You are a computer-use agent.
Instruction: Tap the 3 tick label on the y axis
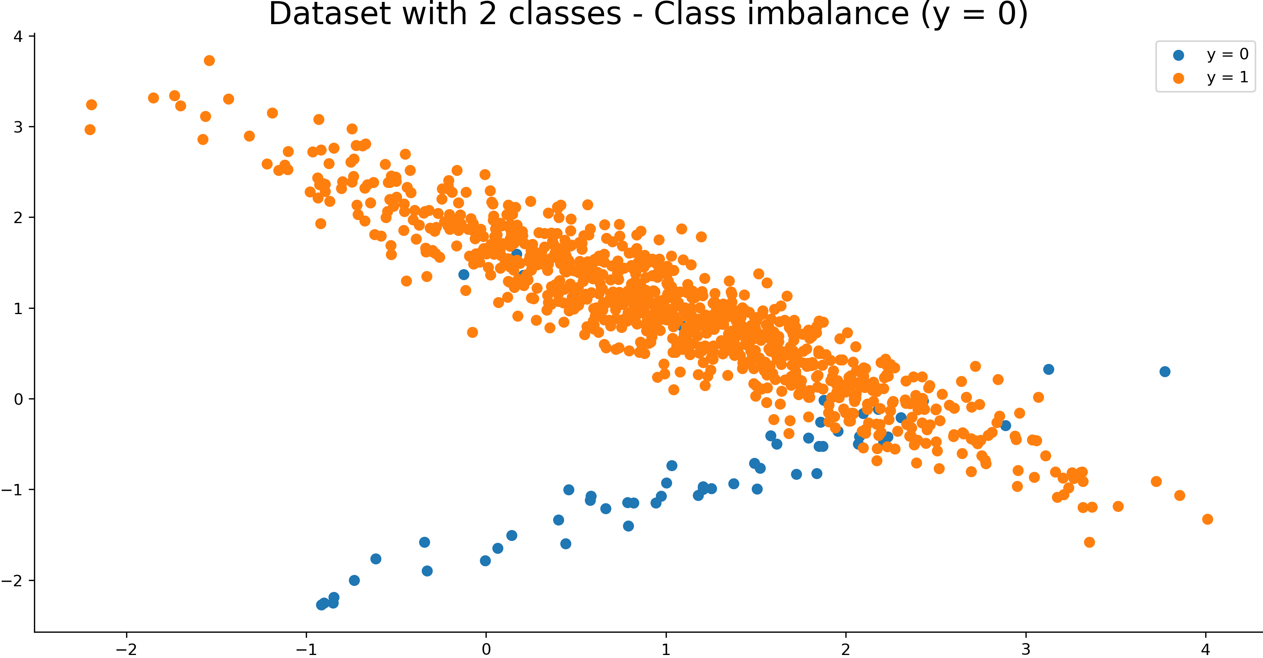[x=18, y=127]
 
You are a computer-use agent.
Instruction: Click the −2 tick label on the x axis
[x=126, y=649]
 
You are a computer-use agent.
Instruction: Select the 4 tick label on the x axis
[x=1206, y=649]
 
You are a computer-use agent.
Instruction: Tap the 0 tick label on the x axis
[x=486, y=649]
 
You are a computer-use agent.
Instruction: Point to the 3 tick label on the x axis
[x=1026, y=649]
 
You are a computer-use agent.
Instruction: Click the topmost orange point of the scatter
[x=209, y=61]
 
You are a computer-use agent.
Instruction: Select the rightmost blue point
[x=1165, y=371]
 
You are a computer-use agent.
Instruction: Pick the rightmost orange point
[x=1207, y=519]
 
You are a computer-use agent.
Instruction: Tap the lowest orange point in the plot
[x=1089, y=542]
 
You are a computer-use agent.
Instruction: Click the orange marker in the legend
[x=1179, y=79]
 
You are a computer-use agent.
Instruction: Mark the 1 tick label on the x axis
[x=666, y=649]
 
